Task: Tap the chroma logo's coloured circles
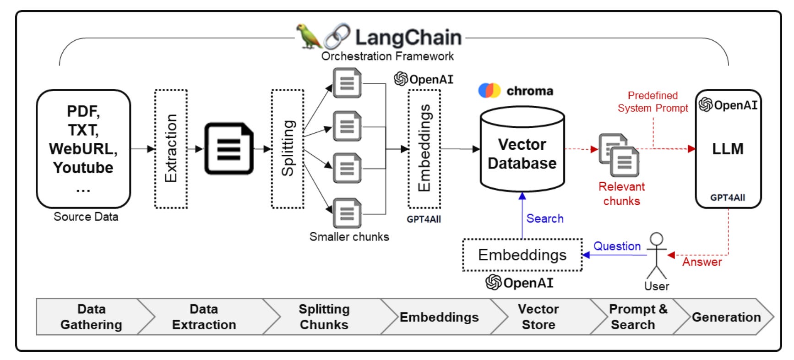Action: coord(489,90)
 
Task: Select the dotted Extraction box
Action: coord(171,149)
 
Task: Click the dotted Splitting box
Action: coord(288,149)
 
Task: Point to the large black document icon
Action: coord(229,148)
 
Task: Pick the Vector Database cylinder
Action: coord(522,149)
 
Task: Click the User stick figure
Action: coord(657,256)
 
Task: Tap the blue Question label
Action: coord(617,246)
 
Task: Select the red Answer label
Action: coord(702,262)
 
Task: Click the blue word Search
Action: coord(545,218)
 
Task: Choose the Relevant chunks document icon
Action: coord(619,155)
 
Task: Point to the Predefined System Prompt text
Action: coord(653,102)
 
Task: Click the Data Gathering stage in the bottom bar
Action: coord(92,317)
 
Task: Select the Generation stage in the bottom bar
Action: coord(726,317)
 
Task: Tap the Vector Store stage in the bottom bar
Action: coord(538,317)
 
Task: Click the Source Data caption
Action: coord(86,217)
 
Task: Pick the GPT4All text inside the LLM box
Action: coord(728,197)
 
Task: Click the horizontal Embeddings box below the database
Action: coord(522,255)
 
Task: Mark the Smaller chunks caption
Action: coord(349,236)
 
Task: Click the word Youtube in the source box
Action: coord(83,168)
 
